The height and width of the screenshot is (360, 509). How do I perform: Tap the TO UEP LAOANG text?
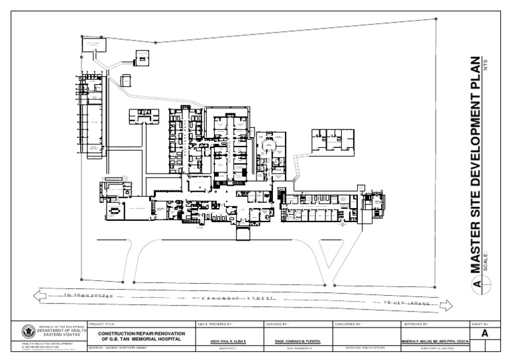(406, 304)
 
